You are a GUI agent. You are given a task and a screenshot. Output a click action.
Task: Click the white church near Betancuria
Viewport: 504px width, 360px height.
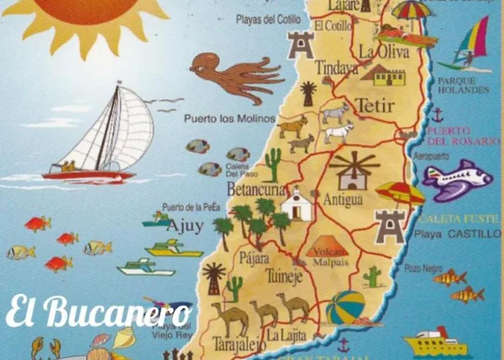click(x=296, y=204)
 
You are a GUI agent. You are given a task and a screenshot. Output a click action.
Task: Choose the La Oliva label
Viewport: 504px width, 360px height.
click(x=384, y=52)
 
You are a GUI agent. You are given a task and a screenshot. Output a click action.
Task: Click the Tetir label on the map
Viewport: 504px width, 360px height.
click(x=374, y=106)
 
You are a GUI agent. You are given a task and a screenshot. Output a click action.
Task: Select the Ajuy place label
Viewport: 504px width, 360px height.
click(x=184, y=226)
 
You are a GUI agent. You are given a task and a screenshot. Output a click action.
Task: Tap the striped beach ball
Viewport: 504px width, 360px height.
click(x=345, y=307)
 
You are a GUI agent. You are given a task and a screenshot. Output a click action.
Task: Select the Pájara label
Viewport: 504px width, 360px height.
click(x=253, y=258)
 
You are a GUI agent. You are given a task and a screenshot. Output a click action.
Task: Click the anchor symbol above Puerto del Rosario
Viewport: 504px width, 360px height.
click(x=437, y=114)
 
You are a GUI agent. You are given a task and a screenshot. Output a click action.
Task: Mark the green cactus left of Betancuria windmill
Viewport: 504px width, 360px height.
click(x=272, y=164)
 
